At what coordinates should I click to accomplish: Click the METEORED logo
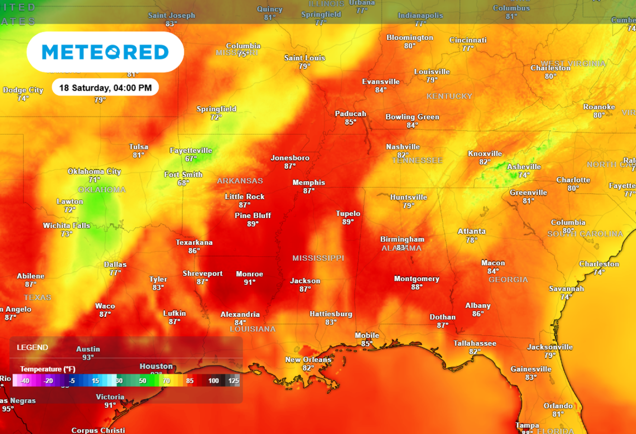pyautogui.click(x=105, y=52)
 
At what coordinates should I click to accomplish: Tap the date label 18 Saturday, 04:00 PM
pyautogui.click(x=105, y=88)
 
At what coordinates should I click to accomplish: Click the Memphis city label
pyautogui.click(x=309, y=183)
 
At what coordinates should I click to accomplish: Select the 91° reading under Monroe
pyautogui.click(x=249, y=282)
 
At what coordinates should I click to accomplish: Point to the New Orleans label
pyautogui.click(x=308, y=360)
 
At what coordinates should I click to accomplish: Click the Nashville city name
pyautogui.click(x=403, y=147)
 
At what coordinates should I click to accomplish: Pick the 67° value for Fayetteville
pyautogui.click(x=191, y=158)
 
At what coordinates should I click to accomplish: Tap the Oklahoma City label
pyautogui.click(x=94, y=172)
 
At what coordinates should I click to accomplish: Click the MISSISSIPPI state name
pyautogui.click(x=318, y=258)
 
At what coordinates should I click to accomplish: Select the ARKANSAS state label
pyautogui.click(x=240, y=181)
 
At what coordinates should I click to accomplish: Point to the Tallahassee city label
pyautogui.click(x=475, y=343)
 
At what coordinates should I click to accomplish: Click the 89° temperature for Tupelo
pyautogui.click(x=348, y=222)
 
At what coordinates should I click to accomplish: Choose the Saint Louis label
pyautogui.click(x=305, y=58)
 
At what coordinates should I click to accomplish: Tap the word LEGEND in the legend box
pyautogui.click(x=32, y=348)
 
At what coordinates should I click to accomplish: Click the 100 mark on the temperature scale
pyautogui.click(x=214, y=381)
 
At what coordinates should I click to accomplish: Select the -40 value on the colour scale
pyautogui.click(x=25, y=381)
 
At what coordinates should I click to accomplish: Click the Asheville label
pyautogui.click(x=524, y=167)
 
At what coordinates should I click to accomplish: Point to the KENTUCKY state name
pyautogui.click(x=449, y=95)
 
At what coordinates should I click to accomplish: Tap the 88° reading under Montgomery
pyautogui.click(x=416, y=287)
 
